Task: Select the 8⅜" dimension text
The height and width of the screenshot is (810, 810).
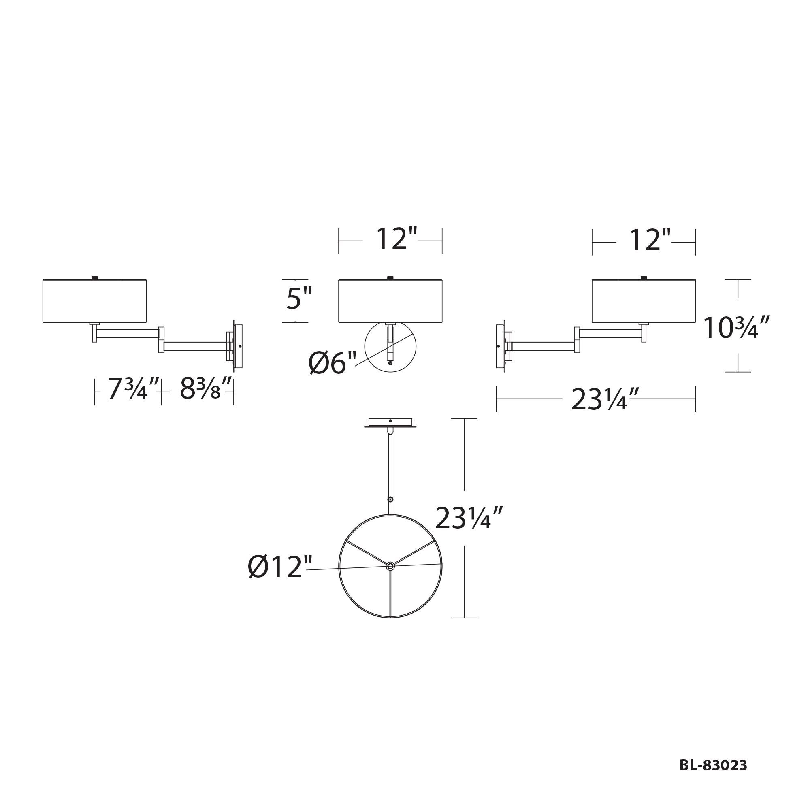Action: click(x=206, y=389)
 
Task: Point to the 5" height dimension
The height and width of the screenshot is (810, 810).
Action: click(x=299, y=298)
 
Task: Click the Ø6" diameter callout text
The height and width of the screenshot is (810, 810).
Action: click(x=333, y=363)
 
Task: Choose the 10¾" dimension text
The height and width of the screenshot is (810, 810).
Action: click(x=737, y=328)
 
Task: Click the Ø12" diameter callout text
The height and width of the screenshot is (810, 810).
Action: click(x=280, y=567)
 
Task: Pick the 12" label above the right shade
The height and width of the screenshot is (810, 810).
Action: click(x=650, y=240)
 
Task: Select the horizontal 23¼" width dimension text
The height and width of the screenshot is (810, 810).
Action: click(x=605, y=399)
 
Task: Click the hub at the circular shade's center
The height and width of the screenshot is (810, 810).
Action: click(x=390, y=566)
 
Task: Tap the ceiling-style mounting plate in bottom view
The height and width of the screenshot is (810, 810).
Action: click(x=390, y=422)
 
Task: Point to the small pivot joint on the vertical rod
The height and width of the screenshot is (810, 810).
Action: click(x=390, y=499)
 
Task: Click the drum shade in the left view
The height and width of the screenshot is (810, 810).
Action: click(x=95, y=301)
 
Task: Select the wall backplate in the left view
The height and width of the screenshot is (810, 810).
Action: click(x=238, y=346)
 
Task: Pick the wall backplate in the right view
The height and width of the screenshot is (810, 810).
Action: click(x=501, y=346)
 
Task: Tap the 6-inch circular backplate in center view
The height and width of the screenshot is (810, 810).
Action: click(x=390, y=347)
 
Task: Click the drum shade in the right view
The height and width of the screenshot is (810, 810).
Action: click(x=644, y=301)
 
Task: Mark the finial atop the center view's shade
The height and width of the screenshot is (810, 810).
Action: click(x=390, y=277)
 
